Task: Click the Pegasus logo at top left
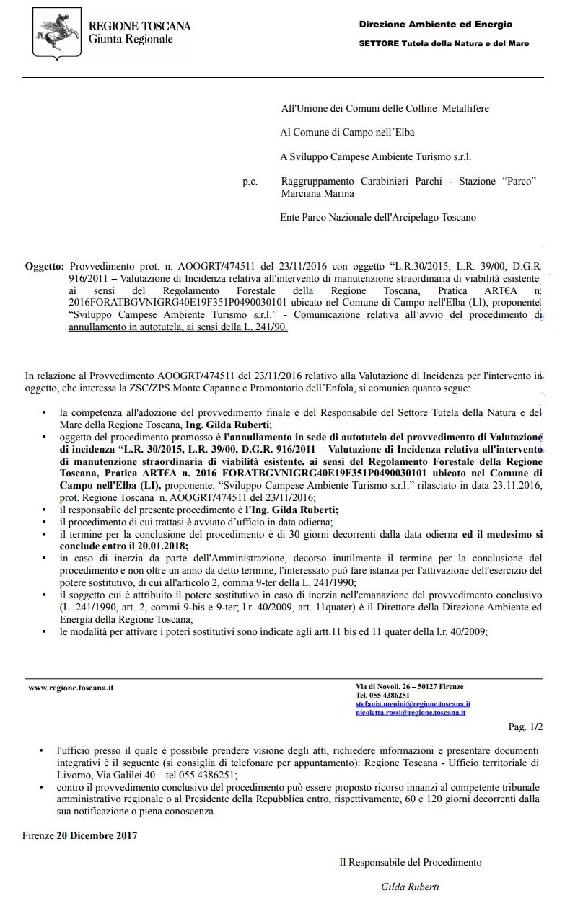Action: (x=57, y=34)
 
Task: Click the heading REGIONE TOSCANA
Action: (x=139, y=26)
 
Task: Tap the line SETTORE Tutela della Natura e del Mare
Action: (x=444, y=43)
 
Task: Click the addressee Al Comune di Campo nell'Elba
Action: (x=347, y=132)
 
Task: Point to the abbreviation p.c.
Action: (x=250, y=182)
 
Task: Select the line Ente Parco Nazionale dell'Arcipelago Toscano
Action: (x=378, y=217)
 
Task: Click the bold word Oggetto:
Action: (x=45, y=266)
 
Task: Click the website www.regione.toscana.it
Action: (x=71, y=688)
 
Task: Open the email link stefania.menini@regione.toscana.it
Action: (x=413, y=703)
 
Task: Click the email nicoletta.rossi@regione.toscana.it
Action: (x=410, y=712)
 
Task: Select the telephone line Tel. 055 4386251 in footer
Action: (x=382, y=695)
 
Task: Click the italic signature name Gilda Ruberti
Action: (x=410, y=887)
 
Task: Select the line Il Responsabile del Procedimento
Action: (x=410, y=862)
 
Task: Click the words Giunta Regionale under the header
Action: (x=131, y=39)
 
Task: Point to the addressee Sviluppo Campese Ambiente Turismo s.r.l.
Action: (x=376, y=156)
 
